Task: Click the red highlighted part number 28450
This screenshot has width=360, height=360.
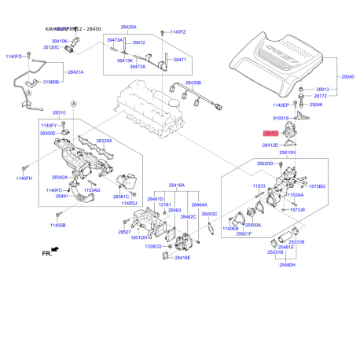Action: [x=270, y=134]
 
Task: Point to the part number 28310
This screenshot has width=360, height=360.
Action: [x=60, y=113]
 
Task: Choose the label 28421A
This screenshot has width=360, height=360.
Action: [x=76, y=72]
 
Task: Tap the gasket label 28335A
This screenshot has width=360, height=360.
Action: [x=105, y=141]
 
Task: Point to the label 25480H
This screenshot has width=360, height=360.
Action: [x=287, y=265]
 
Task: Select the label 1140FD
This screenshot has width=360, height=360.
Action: [x=15, y=57]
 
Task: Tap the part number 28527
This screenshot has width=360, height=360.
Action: [x=125, y=232]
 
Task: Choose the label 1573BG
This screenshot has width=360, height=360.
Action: [x=339, y=186]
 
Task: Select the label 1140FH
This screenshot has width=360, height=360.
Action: [x=23, y=179]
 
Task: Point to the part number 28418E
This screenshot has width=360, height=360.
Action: [x=182, y=258]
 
